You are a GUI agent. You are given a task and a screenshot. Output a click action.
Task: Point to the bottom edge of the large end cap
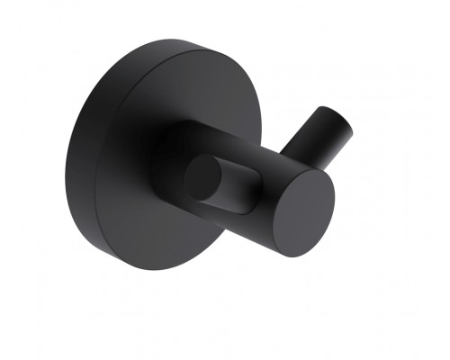(x=288, y=256)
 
